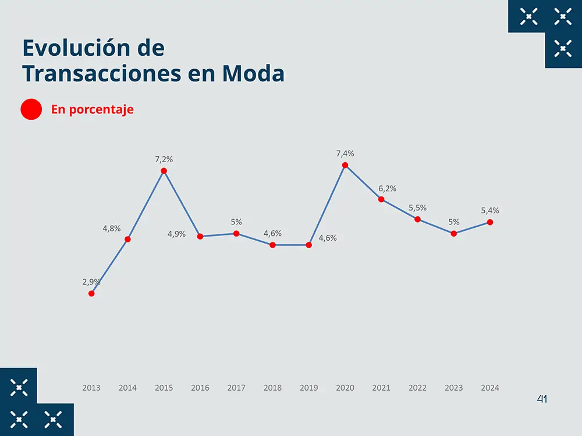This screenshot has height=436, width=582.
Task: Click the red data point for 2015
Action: point(164,171)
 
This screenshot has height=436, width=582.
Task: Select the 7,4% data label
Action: point(345,153)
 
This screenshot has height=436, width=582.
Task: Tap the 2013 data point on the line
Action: point(91,294)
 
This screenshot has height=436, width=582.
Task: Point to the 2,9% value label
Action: point(91,282)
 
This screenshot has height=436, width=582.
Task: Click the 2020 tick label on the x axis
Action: point(345,388)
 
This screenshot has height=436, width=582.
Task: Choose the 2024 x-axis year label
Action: point(490,388)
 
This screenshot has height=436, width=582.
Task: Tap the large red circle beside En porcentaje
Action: point(31,109)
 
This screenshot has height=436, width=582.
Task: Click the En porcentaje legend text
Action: point(93,109)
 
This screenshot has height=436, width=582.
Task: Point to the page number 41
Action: point(542,399)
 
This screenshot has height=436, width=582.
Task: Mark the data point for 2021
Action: point(381,199)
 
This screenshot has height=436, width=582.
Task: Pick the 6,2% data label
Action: point(387,188)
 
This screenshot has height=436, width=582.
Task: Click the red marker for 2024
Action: point(490,222)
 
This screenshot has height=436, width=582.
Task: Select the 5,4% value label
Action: point(490,210)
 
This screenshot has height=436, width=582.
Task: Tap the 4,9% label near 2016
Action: point(176,234)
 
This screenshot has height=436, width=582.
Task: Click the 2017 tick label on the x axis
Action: point(236,388)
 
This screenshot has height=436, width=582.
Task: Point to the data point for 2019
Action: point(309,245)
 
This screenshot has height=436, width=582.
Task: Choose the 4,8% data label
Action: point(112,228)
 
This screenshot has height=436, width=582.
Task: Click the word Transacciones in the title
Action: point(95,74)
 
